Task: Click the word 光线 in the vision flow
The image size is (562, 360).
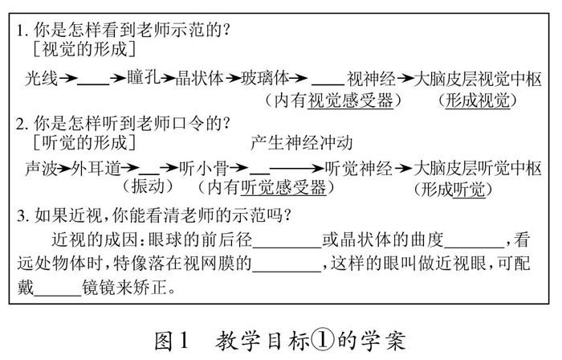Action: click(x=39, y=79)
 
